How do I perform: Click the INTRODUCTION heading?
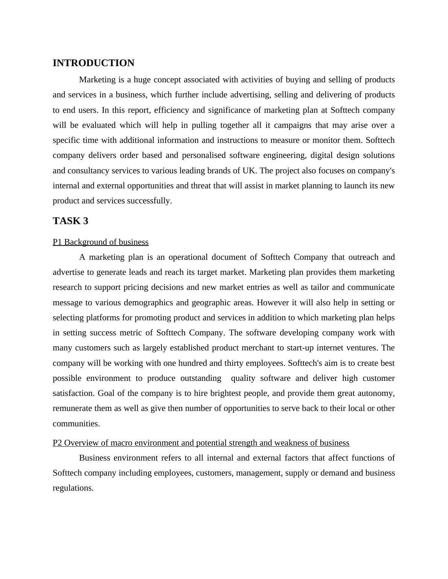click(x=93, y=63)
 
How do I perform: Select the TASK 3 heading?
click(x=70, y=221)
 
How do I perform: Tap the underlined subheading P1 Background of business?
click(x=101, y=242)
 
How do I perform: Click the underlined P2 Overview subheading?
click(x=201, y=443)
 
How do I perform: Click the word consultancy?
click(x=85, y=171)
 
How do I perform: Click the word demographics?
click(x=147, y=303)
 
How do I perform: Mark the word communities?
click(x=76, y=424)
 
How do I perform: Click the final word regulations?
click(x=73, y=488)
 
